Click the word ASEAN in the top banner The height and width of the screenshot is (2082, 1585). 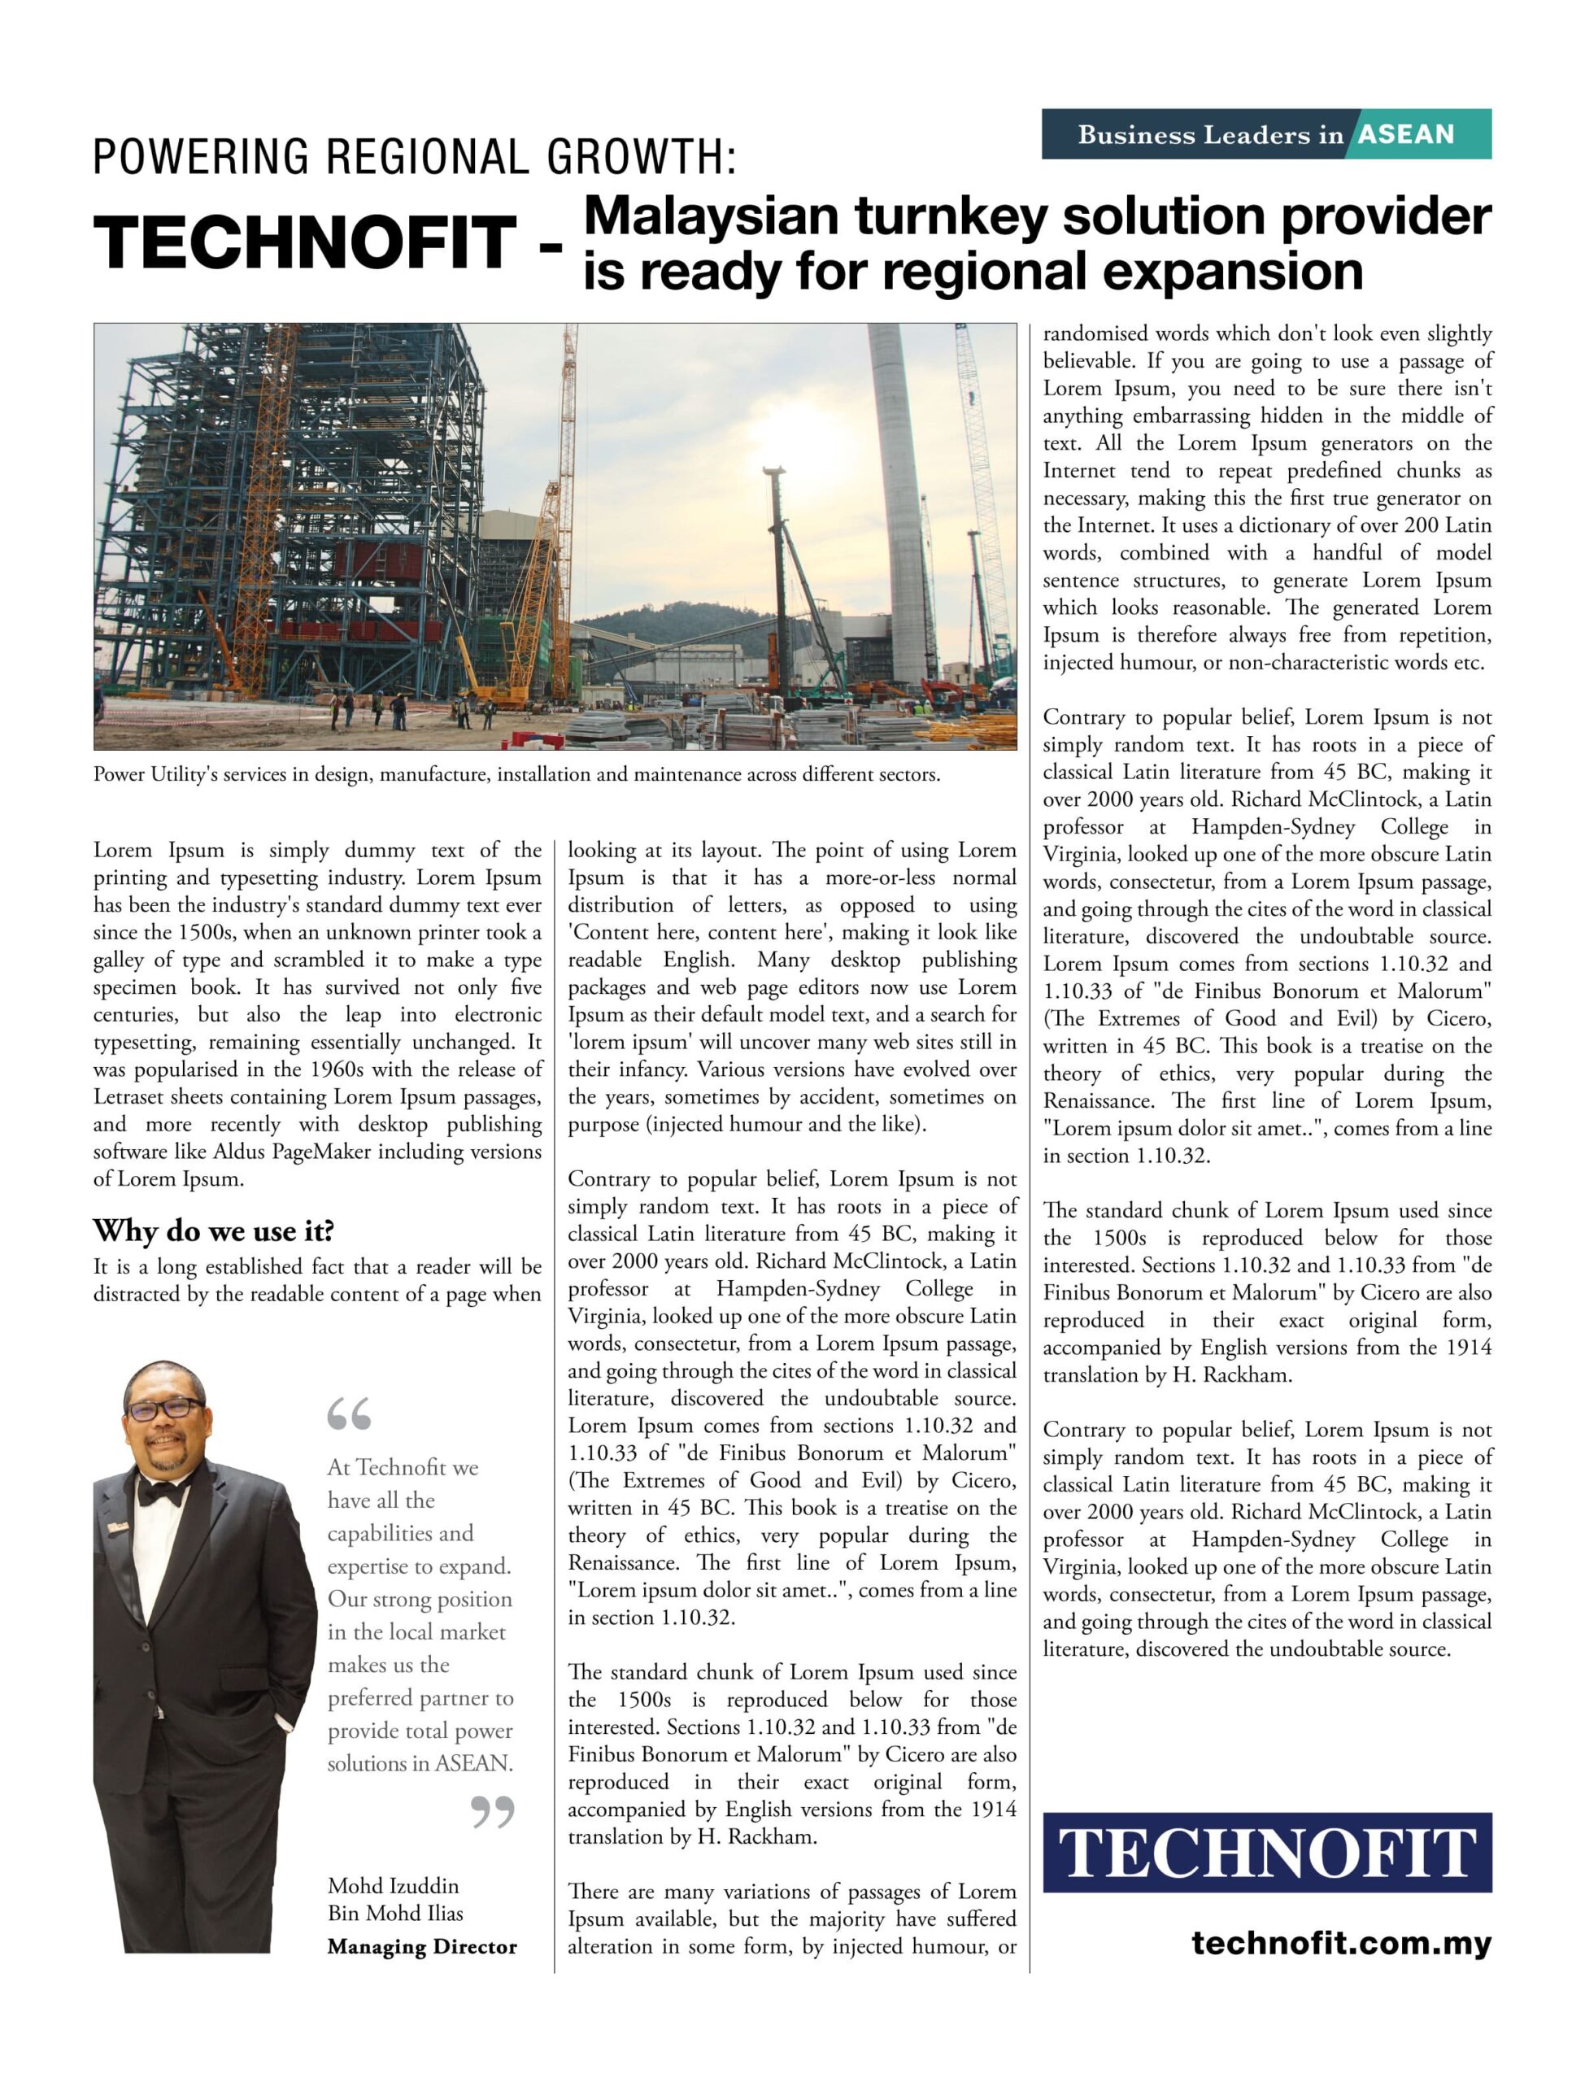[1406, 135]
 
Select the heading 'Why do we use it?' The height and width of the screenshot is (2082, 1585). [213, 1231]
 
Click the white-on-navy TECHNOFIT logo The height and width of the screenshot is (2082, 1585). [1267, 1853]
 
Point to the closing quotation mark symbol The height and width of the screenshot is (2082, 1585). [493, 1810]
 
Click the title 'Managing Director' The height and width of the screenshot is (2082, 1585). [422, 1946]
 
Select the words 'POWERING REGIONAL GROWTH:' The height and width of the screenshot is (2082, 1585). [414, 157]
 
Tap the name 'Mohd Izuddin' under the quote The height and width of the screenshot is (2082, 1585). [394, 1886]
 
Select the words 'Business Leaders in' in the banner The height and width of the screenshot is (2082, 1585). [1210, 135]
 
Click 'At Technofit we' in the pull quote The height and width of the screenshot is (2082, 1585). [403, 1467]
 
